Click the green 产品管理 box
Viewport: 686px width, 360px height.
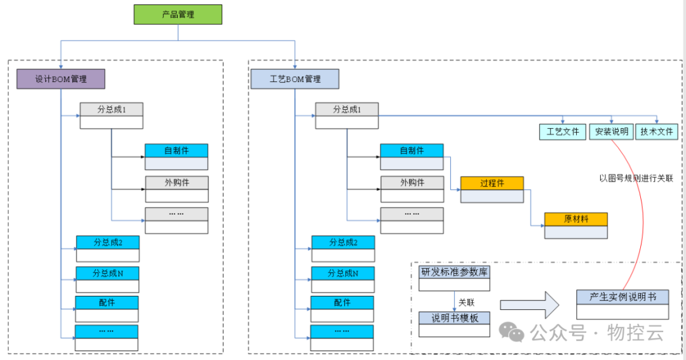tap(178, 15)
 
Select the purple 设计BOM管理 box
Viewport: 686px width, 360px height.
tap(60, 79)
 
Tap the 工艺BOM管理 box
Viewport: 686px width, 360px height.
tap(295, 79)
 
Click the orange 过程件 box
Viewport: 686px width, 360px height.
tap(492, 183)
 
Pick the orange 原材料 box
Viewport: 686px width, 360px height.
tap(575, 219)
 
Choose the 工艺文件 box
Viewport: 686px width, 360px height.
tap(563, 131)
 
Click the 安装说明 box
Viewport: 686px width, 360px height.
tap(611, 131)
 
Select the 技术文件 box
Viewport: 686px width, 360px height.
tap(657, 131)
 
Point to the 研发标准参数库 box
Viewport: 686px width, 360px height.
tap(454, 272)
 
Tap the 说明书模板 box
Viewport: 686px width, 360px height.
tap(454, 318)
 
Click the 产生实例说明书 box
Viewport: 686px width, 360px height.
tap(622, 297)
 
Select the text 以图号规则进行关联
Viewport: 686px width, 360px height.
tap(636, 178)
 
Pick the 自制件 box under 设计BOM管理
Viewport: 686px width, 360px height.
tap(177, 151)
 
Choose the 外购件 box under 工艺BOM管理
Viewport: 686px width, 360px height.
tap(412, 183)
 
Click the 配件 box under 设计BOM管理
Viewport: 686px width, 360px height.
tap(107, 303)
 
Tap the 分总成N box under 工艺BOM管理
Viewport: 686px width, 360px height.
tap(342, 274)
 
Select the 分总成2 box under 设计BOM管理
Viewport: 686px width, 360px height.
tap(107, 243)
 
